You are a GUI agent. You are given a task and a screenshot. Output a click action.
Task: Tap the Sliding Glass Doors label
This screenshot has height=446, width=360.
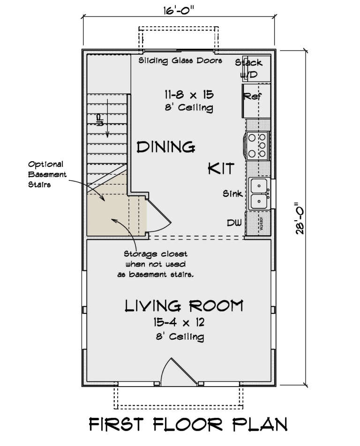(x=180, y=61)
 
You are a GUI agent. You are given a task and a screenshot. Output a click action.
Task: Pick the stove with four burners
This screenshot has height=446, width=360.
(x=257, y=146)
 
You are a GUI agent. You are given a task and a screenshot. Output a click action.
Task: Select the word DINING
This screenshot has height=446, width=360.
(x=165, y=147)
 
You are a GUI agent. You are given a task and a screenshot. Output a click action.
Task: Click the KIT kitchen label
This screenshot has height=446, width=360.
(x=220, y=169)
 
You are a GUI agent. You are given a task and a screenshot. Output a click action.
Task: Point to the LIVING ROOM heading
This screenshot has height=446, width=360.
(x=184, y=306)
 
